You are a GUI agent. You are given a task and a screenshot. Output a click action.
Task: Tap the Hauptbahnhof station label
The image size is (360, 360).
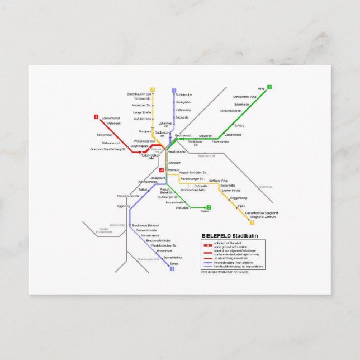click(x=176, y=151)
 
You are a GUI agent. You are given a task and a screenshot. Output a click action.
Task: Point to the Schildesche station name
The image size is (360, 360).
click(x=183, y=94)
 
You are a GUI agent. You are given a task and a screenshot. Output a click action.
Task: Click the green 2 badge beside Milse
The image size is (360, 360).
click(x=269, y=87)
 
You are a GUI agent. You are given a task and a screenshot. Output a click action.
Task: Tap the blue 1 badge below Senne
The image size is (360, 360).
click(x=172, y=269)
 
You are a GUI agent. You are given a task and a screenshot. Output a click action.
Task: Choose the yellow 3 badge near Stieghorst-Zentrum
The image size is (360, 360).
click(x=252, y=222)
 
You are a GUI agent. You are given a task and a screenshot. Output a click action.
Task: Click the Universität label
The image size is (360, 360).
click(x=105, y=135)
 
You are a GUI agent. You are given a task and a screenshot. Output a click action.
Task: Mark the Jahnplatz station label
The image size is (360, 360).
click(x=174, y=163)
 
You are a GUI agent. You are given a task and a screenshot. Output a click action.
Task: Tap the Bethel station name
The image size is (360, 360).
click(x=143, y=190)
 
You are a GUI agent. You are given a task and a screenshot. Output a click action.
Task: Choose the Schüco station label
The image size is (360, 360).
click(x=239, y=126)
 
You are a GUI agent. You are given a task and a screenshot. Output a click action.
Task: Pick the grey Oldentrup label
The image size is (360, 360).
click(x=265, y=187)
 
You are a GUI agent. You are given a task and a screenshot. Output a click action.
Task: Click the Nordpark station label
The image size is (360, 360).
click(x=145, y=131)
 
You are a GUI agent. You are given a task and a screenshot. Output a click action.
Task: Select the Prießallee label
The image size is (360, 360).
click(x=182, y=207)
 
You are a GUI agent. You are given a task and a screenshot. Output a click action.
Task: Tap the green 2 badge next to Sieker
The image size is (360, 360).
click(x=209, y=207)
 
